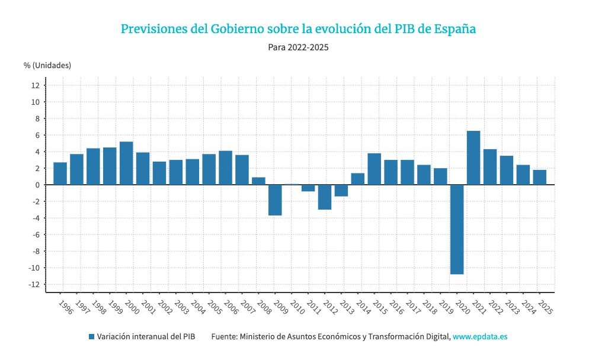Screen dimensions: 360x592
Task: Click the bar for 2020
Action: click(456, 229)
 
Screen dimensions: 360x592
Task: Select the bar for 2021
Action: click(473, 157)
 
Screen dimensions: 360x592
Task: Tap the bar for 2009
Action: click(275, 200)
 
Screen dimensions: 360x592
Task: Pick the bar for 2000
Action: click(126, 163)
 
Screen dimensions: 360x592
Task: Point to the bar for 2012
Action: click(324, 197)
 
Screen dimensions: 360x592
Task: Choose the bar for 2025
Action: click(539, 177)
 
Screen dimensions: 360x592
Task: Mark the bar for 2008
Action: click(258, 181)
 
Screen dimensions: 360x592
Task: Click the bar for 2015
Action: click(374, 169)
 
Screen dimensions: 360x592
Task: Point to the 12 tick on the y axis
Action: click(35, 85)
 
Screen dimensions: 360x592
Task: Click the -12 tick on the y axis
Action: click(34, 284)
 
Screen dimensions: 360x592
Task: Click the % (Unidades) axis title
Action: click(47, 65)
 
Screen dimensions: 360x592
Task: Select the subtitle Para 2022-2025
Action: click(298, 47)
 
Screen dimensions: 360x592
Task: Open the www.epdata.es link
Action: click(480, 336)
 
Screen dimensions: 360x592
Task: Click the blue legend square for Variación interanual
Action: click(91, 336)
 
